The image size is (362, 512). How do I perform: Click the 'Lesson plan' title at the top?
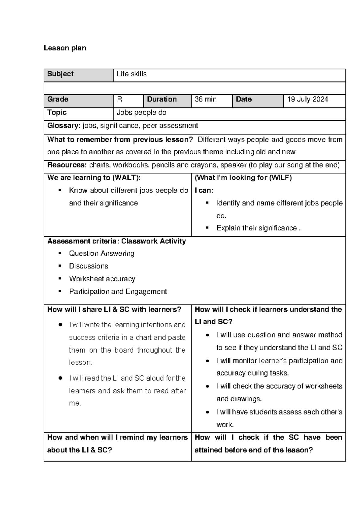point(65,48)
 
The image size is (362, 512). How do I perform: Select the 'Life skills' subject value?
point(132,74)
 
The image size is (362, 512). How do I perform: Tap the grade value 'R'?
point(119,99)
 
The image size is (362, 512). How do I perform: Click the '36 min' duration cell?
point(205,99)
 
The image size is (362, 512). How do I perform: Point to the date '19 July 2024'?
point(307,99)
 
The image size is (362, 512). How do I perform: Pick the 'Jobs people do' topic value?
point(141,113)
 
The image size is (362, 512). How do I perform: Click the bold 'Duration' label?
point(162,99)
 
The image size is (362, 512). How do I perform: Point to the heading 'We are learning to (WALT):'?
point(94,178)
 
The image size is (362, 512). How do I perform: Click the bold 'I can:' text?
point(204,190)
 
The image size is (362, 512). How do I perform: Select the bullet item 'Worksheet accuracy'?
point(102,279)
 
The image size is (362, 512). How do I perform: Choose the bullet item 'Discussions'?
point(88,266)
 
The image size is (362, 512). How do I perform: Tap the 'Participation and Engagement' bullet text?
point(118,291)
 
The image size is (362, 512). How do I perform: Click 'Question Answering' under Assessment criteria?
point(101,253)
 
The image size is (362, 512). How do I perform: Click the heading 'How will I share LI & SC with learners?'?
point(114,309)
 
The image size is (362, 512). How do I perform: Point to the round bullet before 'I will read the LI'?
point(61,378)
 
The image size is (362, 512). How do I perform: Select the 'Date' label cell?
point(244,99)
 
